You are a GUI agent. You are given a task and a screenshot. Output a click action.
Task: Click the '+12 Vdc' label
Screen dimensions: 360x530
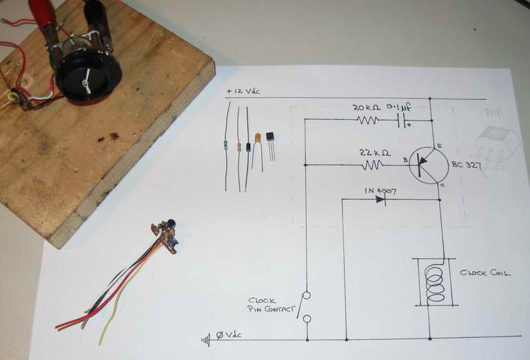click(x=243, y=92)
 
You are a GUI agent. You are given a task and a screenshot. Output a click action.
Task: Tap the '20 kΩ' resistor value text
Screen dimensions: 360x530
click(x=366, y=108)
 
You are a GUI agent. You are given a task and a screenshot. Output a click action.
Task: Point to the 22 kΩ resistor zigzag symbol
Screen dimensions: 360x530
click(x=373, y=165)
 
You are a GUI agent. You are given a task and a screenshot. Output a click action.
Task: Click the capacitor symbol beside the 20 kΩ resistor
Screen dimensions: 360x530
click(x=403, y=119)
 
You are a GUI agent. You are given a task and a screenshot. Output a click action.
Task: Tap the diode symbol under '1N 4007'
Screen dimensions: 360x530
click(x=379, y=200)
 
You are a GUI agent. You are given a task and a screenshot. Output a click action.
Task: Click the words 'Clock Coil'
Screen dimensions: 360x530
click(x=485, y=273)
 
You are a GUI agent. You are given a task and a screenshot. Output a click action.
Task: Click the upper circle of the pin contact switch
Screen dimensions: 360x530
click(x=307, y=296)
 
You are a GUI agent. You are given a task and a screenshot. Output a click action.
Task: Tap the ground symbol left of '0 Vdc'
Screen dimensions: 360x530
click(x=205, y=339)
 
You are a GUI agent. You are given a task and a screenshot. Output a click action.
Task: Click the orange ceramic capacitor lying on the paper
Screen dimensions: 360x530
click(x=258, y=139)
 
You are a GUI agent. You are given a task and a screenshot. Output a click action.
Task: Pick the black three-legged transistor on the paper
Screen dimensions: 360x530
click(x=269, y=139)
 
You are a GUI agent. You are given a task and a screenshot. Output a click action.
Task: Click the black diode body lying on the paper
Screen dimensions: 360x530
click(x=247, y=148)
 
